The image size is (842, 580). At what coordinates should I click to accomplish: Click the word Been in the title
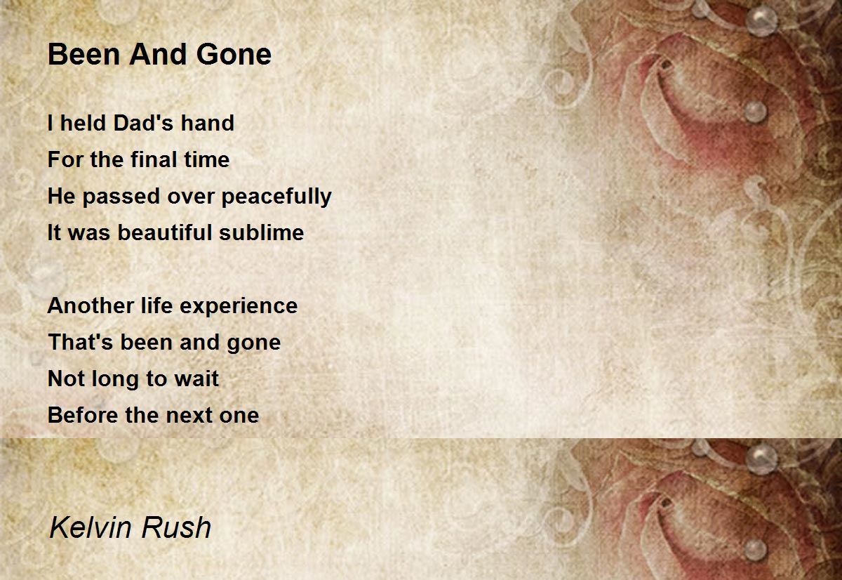[x=83, y=54]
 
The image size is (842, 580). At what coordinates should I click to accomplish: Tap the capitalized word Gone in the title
[x=234, y=54]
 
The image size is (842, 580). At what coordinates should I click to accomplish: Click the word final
[x=154, y=159]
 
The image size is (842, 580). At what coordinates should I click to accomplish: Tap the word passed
[x=121, y=197]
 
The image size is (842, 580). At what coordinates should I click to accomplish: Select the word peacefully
[x=276, y=197]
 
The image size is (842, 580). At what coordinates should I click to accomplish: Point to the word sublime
[x=262, y=232]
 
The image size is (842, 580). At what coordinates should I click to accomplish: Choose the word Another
[x=91, y=305]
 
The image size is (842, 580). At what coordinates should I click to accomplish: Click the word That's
[x=81, y=342]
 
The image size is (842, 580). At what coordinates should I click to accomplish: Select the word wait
[x=196, y=378]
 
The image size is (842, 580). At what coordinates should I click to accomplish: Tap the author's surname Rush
[x=176, y=527]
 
